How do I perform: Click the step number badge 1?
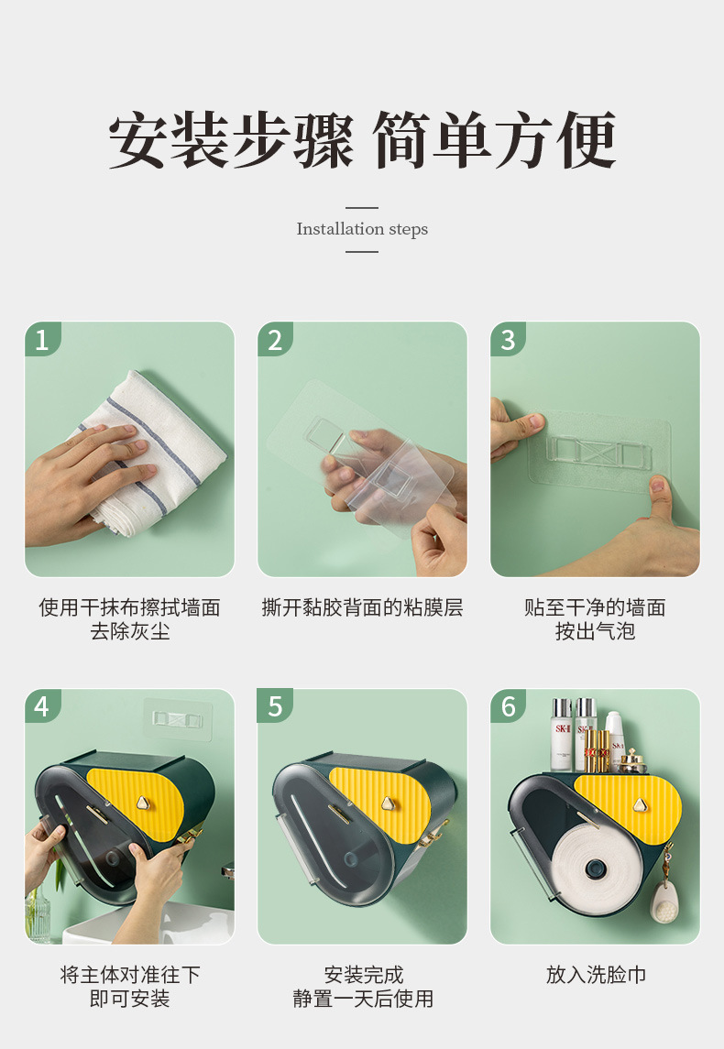point(42,339)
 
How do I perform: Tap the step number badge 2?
point(275,339)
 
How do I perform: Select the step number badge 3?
point(508,339)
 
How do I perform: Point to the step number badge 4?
point(42,705)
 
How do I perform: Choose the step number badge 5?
point(275,705)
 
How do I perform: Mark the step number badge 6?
point(508,705)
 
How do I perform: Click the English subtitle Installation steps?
point(362,229)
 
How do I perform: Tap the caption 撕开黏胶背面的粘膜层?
point(362,607)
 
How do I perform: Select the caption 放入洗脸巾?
point(596,975)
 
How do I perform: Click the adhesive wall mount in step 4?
point(178,719)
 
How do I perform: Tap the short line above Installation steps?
point(362,208)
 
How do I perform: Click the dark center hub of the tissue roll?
point(593,869)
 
